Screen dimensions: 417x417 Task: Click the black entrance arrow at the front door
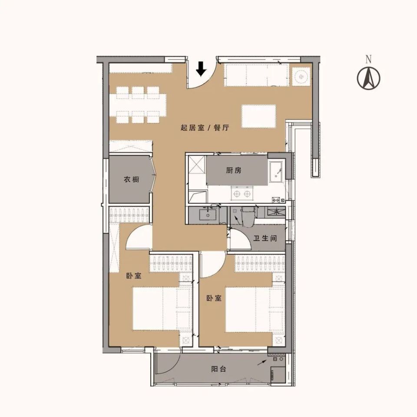(201, 69)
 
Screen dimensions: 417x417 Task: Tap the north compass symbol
(368, 78)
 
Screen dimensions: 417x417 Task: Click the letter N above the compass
(368, 60)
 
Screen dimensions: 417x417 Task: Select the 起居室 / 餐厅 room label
(205, 128)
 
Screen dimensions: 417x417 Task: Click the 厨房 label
(234, 170)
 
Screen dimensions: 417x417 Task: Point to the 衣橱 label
(131, 179)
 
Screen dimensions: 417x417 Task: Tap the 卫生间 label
(265, 238)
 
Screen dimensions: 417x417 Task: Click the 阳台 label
(218, 369)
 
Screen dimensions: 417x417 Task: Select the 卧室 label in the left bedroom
(133, 276)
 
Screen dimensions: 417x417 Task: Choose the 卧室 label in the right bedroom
(214, 298)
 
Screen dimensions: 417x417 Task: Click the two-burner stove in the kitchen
(242, 193)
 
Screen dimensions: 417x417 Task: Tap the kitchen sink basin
(277, 172)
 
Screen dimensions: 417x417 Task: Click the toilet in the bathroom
(248, 217)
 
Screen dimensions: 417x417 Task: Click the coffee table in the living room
(259, 116)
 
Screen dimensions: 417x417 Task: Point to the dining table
(138, 105)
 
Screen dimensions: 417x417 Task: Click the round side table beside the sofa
(301, 76)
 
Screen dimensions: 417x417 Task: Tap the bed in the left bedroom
(162, 309)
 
